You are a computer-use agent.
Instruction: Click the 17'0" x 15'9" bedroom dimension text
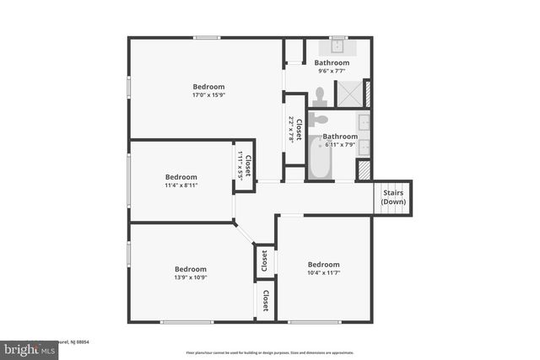click(208, 95)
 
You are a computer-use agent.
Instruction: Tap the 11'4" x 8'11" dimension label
click(181, 185)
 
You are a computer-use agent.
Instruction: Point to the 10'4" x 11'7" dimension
click(323, 273)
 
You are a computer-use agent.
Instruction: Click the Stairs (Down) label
click(393, 197)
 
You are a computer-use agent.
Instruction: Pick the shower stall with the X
click(349, 94)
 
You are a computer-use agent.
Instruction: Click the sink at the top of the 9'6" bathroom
click(338, 46)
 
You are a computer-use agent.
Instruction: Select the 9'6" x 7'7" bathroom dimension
click(332, 72)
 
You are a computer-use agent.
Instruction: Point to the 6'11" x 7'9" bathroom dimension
click(340, 145)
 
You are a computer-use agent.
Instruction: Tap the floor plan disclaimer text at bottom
click(270, 352)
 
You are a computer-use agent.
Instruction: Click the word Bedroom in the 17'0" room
click(208, 87)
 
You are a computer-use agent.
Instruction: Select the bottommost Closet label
click(265, 300)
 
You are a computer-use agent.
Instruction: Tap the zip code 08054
click(81, 341)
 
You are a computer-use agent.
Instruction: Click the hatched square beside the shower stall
click(367, 93)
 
